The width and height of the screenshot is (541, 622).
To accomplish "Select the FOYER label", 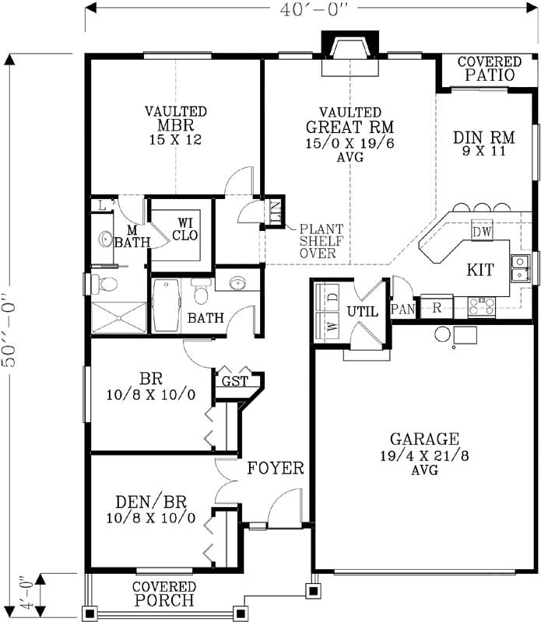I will point(275,468).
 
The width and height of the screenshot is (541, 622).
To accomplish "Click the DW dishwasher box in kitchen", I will point(481,232).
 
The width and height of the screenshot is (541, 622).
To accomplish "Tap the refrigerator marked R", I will point(437,307).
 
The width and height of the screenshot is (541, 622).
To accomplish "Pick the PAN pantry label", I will point(403,309).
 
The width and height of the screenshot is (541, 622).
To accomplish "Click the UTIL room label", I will point(362,310).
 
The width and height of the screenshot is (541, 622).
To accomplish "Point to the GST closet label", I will point(234,382).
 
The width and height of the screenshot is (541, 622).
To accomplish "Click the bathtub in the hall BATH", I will point(167,305).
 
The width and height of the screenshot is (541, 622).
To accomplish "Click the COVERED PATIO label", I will point(490,69).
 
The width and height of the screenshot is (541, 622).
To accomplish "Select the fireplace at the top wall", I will point(350,57).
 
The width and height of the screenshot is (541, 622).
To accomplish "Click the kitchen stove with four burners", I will point(481,306).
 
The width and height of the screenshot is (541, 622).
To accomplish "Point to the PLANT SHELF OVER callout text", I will point(318,241).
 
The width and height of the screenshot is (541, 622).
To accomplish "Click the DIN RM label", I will point(480,144).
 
